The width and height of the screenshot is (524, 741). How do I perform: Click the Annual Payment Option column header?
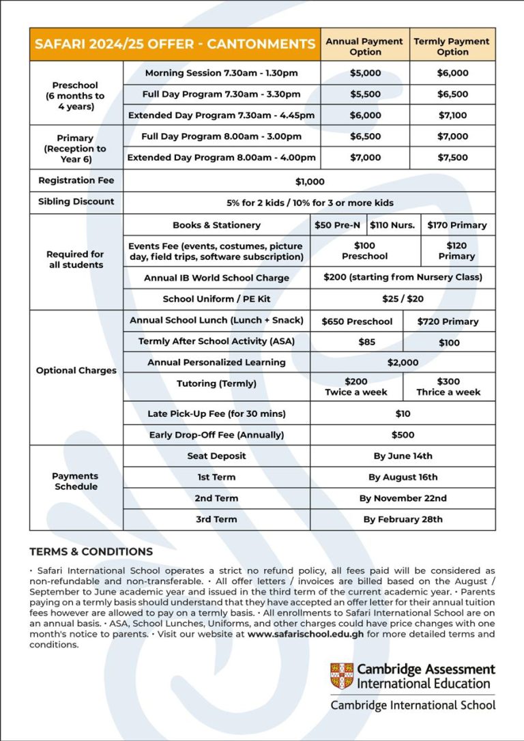click(365, 46)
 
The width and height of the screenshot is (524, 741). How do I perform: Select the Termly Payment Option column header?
click(452, 46)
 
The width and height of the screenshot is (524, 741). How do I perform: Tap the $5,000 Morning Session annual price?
click(365, 73)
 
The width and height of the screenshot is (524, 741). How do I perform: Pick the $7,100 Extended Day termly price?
click(452, 115)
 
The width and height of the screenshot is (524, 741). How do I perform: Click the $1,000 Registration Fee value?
click(310, 181)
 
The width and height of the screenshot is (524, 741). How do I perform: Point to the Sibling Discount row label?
click(76, 202)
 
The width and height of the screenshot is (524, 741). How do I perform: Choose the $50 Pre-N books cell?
click(338, 225)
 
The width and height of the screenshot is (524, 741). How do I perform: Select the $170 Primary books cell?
click(456, 225)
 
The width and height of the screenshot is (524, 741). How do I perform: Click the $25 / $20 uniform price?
click(403, 299)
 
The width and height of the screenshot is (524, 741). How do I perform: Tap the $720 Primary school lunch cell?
click(448, 321)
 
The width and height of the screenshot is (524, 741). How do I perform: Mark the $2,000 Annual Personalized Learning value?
click(403, 362)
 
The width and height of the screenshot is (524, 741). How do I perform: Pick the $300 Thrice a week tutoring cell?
click(448, 387)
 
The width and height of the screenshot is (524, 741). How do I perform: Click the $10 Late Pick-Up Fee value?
click(403, 413)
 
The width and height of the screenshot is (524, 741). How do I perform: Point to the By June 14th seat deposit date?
click(403, 456)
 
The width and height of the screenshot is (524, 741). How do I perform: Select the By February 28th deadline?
click(403, 519)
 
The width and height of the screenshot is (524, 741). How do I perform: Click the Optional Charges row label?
click(76, 370)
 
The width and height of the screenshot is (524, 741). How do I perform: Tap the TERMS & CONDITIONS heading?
click(91, 551)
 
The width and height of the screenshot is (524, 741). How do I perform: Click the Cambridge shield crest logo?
click(341, 675)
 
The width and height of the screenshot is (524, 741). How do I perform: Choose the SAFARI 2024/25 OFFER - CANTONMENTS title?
click(175, 44)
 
